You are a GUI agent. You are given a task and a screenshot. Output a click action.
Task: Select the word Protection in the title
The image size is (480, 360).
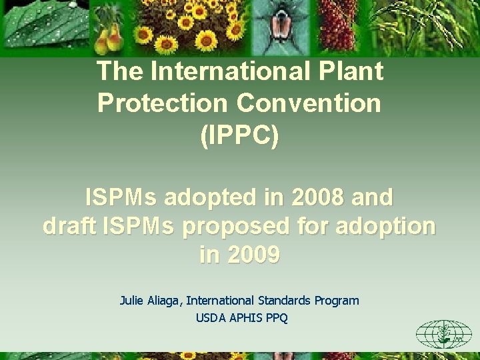pyautogui.click(x=163, y=103)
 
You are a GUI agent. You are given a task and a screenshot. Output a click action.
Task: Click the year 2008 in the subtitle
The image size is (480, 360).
pyautogui.click(x=315, y=197)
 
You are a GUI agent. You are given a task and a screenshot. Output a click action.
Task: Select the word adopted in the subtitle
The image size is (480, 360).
pyautogui.click(x=216, y=197)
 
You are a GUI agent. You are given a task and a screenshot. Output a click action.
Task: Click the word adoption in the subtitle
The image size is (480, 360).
pyautogui.click(x=389, y=227)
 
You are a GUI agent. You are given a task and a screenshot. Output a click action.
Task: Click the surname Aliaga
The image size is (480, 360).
pyautogui.click(x=164, y=301)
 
